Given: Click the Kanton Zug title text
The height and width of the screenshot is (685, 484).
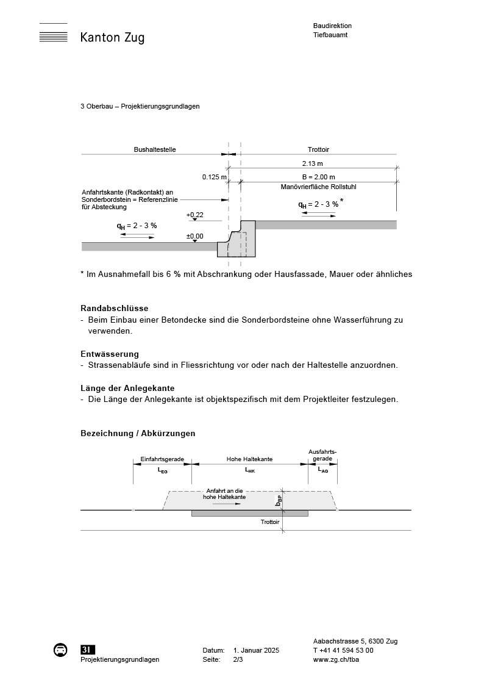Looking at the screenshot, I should (112, 38).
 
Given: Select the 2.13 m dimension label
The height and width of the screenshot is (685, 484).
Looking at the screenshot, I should (313, 163).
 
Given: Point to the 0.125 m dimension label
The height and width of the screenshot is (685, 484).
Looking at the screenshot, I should (215, 178).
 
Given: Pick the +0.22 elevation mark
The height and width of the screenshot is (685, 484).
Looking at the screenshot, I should (195, 215).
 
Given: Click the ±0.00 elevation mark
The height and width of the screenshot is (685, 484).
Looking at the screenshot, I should (195, 236).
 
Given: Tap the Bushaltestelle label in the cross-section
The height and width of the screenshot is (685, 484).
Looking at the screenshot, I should (155, 149).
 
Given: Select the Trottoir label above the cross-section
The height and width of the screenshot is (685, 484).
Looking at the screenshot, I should (319, 149).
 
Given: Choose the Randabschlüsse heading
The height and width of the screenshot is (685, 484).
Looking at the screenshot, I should (115, 308).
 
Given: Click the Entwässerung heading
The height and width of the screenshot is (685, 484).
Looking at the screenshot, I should (110, 354).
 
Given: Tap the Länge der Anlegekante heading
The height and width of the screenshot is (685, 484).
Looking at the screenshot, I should (127, 388).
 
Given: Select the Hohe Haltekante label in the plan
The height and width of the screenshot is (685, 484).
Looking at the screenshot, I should (249, 459).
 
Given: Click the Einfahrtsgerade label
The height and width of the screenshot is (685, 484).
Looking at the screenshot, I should (162, 459).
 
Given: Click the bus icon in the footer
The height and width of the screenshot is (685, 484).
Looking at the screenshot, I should (61, 650).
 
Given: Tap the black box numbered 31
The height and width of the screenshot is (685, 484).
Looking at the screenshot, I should (88, 650).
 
